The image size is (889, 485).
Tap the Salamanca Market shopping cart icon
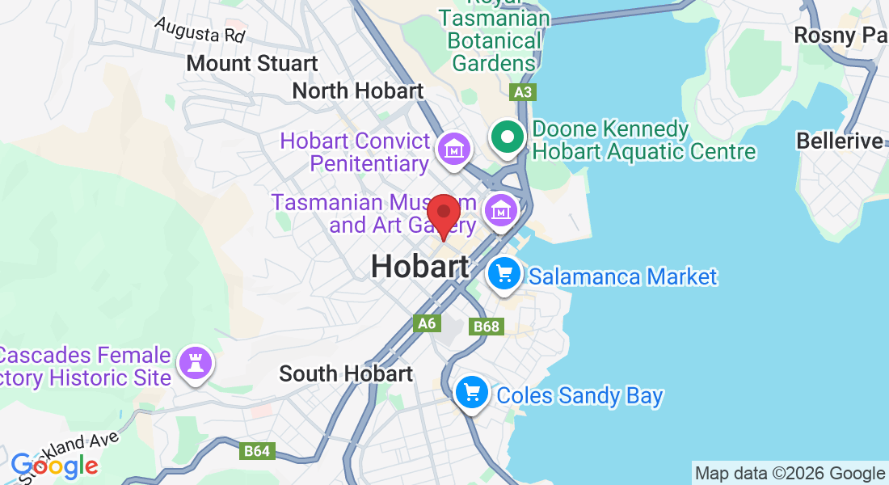tap(505, 275)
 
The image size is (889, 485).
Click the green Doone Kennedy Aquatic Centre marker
tap(508, 137)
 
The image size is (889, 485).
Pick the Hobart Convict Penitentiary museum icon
tap(453, 149)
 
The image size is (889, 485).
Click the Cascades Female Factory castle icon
tap(194, 363)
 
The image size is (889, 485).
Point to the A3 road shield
tap(523, 92)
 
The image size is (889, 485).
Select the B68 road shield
tap(487, 326)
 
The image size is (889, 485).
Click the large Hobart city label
tap(419, 267)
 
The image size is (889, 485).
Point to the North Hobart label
tap(357, 91)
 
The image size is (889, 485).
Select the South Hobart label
tap(346, 373)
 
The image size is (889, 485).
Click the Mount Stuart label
tap(251, 63)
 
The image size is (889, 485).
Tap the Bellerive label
tap(839, 141)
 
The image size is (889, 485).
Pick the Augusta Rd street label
tap(200, 31)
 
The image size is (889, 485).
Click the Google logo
tap(54, 466)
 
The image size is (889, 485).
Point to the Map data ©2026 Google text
tap(790, 474)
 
